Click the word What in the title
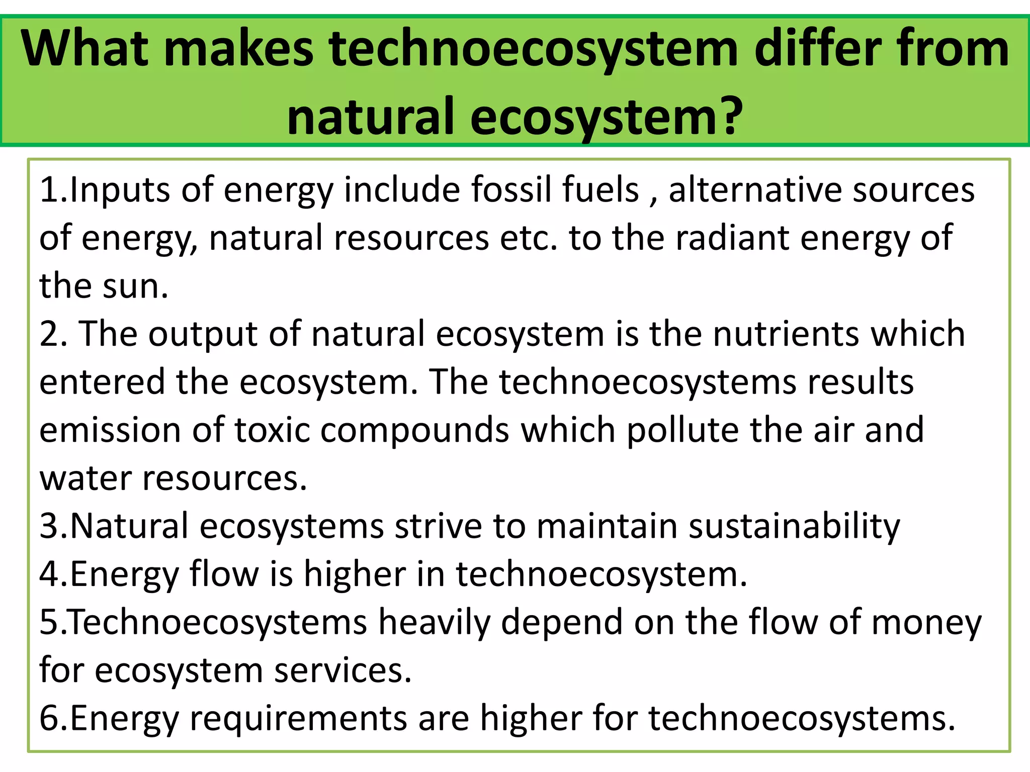click(84, 49)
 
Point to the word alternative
click(755, 190)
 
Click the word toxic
click(272, 430)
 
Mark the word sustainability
click(794, 526)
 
